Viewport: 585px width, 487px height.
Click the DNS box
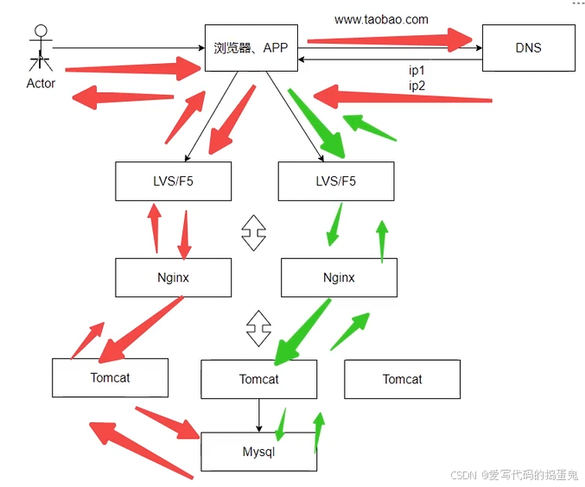tap(528, 47)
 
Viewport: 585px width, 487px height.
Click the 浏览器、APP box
tap(251, 48)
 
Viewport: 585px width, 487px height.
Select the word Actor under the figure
tap(41, 84)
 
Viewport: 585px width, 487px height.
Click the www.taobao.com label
tap(381, 18)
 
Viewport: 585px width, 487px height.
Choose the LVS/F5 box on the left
tap(173, 181)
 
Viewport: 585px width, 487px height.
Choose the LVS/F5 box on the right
tap(335, 181)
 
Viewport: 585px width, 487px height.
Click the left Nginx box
tap(173, 278)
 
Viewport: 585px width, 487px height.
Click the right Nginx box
tap(339, 278)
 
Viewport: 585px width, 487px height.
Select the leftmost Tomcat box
tap(110, 378)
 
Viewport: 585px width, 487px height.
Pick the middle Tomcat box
tap(258, 379)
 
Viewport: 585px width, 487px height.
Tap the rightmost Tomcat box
tap(402, 379)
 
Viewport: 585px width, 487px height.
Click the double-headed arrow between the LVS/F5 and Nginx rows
tap(253, 231)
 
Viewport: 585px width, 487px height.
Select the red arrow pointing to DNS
tap(389, 38)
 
